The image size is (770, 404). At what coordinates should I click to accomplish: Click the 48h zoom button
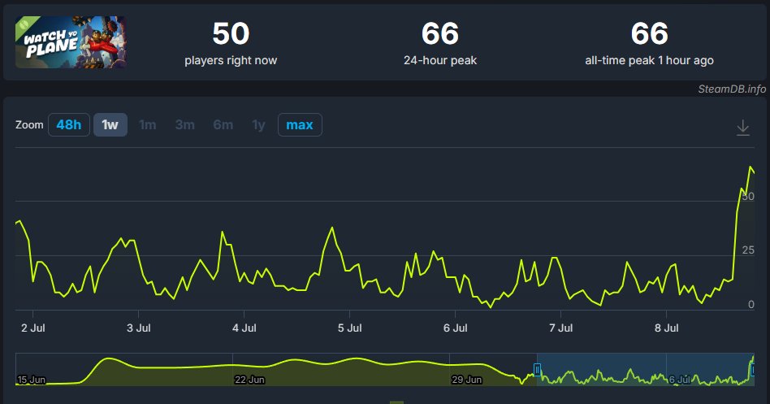pos(69,125)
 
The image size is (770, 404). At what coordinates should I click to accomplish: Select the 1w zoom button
pos(110,125)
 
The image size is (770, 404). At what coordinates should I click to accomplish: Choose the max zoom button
pos(300,125)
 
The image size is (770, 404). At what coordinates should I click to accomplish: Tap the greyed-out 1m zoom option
pos(147,125)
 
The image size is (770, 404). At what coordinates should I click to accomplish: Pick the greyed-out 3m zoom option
pos(184,125)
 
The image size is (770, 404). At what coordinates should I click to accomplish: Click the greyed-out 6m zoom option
pos(223,125)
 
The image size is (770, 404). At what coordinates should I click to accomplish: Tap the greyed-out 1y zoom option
pos(258,125)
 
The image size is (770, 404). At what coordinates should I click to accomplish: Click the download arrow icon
pos(743,128)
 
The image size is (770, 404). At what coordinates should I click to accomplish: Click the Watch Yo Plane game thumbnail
pos(70,41)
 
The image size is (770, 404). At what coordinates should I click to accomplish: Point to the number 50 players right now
pos(231,34)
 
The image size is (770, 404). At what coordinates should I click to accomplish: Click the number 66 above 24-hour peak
pos(440,34)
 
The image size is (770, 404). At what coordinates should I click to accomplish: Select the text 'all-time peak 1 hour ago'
pos(649,60)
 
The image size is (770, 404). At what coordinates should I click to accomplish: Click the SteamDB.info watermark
pos(732,89)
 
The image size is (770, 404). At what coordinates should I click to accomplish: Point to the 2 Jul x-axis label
pos(33,328)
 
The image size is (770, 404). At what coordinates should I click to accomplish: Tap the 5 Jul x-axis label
pos(349,328)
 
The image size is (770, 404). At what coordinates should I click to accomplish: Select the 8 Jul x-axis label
pos(666,328)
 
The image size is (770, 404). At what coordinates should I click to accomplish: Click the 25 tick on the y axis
pos(748,250)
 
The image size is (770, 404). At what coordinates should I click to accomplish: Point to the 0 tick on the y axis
pos(751,304)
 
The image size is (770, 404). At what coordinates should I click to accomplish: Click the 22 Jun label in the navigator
pos(249,380)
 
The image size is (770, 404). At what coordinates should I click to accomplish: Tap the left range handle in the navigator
pos(537,370)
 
